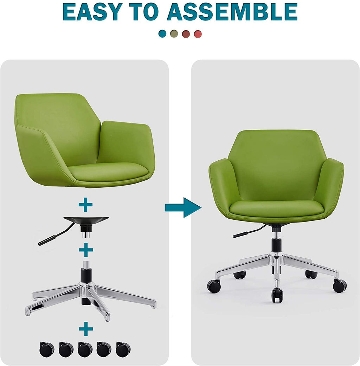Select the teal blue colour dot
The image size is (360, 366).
coord(162,34)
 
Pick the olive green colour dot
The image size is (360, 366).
coord(174,34)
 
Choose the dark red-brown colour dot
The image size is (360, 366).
coord(186,34)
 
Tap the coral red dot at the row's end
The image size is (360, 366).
coord(198,34)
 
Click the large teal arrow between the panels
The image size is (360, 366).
coord(183,207)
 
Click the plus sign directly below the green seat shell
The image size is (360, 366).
coord(86,205)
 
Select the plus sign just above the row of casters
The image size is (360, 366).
coord(86,329)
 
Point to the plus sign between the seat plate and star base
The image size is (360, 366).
coord(86,250)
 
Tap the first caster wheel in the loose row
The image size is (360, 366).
coord(47,349)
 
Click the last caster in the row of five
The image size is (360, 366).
coord(123,349)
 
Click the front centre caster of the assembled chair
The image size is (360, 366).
coord(277,295)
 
